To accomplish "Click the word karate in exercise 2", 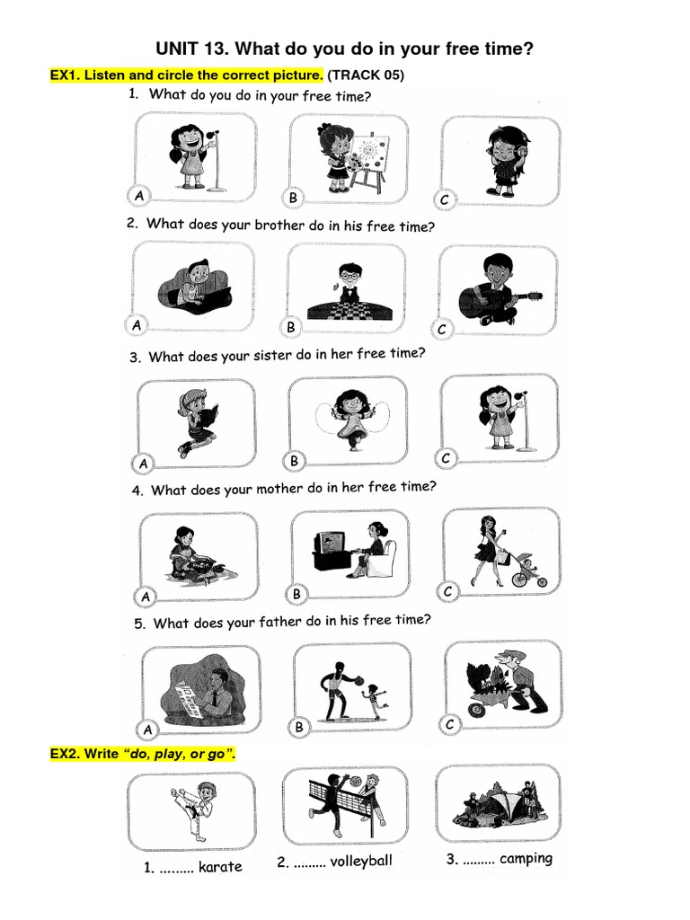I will (x=219, y=867).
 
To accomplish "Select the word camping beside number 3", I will (x=526, y=858).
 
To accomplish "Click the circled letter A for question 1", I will (x=138, y=195).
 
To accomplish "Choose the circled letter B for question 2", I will (x=290, y=328).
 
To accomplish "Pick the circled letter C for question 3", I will (x=445, y=459).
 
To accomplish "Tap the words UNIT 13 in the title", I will (x=188, y=49).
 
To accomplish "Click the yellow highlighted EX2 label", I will (x=67, y=754).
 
